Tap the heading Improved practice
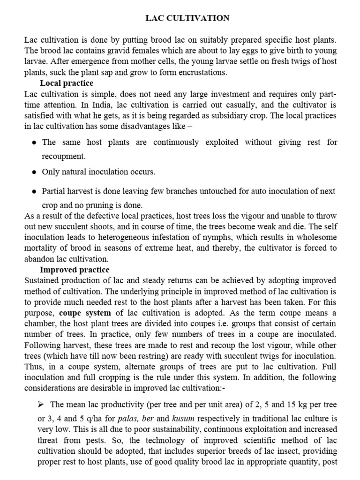[x=75, y=270]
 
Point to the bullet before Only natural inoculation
[x=34, y=172]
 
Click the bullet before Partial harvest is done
[x=34, y=192]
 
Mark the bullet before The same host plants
[x=34, y=142]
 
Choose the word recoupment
[x=64, y=157]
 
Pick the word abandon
[x=40, y=259]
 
